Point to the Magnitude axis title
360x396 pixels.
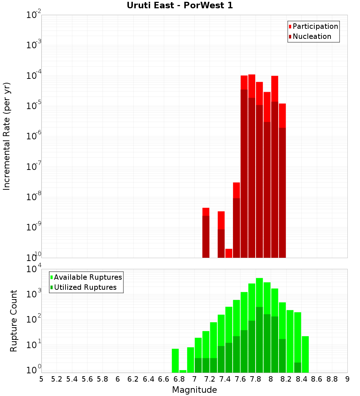[194, 390]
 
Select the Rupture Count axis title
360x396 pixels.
[14, 321]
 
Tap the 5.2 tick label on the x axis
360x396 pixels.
[57, 379]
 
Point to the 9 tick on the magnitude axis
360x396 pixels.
[347, 379]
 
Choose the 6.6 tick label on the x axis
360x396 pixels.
[164, 379]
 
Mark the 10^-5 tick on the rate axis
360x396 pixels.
[33, 105]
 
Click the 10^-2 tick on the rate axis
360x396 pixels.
[33, 15]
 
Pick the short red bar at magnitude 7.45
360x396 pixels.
[229, 253]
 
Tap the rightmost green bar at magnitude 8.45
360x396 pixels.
[305, 354]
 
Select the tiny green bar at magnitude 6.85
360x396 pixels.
[183, 371]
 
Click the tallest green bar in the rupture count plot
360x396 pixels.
[259, 324]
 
